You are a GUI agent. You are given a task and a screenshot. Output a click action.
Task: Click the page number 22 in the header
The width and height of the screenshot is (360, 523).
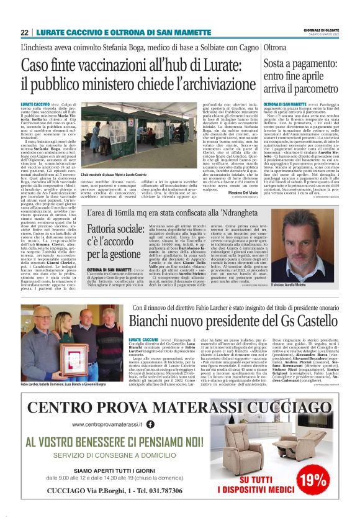[x=24, y=33]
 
